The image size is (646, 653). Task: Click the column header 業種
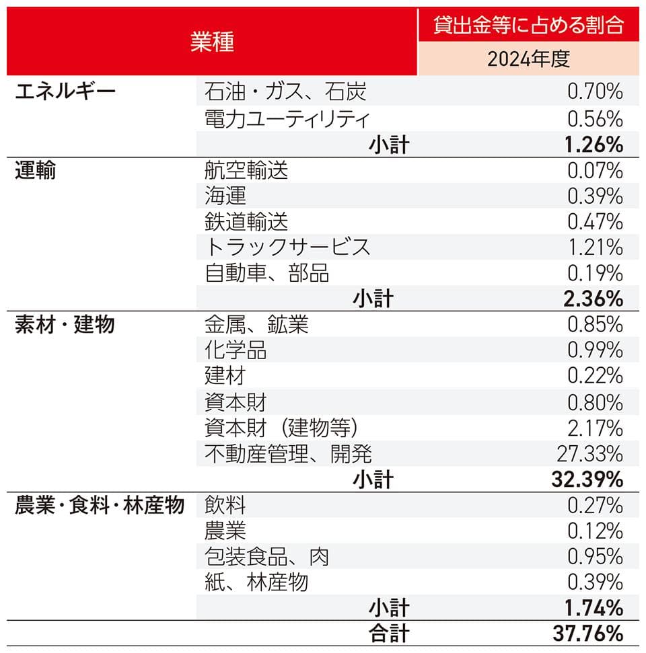[211, 42]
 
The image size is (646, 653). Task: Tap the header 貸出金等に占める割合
[528, 25]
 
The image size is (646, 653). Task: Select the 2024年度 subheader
[528, 59]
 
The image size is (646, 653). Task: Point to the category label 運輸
[36, 170]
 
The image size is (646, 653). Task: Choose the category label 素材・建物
[65, 325]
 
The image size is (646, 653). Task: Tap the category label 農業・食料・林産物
[100, 505]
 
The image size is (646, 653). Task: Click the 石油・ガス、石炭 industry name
[285, 91]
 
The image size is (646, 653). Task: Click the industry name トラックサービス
[287, 247]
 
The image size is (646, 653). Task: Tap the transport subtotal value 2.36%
[592, 298]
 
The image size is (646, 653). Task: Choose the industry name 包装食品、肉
[266, 556]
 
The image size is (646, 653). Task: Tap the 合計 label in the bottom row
[388, 633]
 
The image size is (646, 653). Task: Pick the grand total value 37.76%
[587, 633]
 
